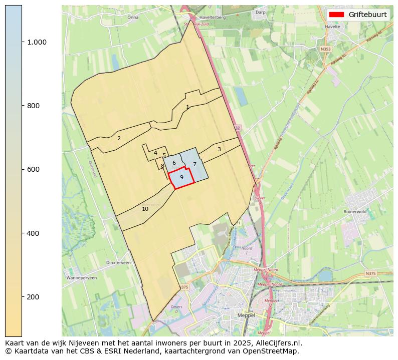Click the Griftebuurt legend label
[x=367, y=15]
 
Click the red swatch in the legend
[x=337, y=15]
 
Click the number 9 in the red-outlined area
[x=181, y=177]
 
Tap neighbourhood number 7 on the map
[x=194, y=164]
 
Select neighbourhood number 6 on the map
[x=174, y=163]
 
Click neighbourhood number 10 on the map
[x=145, y=209]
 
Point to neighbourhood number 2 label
[x=119, y=138]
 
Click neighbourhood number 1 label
[x=187, y=107]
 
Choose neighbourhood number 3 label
[x=219, y=149]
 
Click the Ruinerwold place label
[x=355, y=212]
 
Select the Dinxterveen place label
[x=119, y=262]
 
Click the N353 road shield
[x=326, y=49]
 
